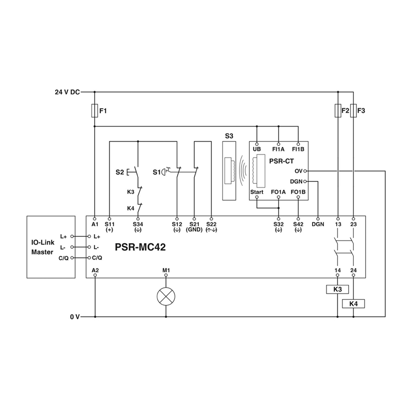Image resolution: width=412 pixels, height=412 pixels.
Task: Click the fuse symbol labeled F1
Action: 95,111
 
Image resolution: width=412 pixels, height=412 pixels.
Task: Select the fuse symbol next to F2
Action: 338,111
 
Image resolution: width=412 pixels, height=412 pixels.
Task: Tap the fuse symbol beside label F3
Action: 353,111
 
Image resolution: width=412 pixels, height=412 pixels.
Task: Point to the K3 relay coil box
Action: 337,289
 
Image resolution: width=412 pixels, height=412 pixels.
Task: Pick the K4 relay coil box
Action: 353,304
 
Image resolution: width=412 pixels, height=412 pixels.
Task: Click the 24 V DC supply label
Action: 67,93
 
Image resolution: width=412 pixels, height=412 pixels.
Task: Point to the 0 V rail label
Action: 75,317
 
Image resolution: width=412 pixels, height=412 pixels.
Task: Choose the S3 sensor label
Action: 229,136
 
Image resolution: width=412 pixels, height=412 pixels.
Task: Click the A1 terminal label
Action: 95,225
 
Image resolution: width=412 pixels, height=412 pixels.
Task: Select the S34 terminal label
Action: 138,225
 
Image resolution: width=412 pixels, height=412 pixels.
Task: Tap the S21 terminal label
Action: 194,225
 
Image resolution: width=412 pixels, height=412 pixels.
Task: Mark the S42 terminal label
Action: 298,225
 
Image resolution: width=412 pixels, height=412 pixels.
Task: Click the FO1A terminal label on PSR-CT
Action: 278,193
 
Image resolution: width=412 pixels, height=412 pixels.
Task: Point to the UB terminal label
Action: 257,149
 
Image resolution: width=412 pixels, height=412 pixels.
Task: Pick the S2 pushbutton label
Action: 119,172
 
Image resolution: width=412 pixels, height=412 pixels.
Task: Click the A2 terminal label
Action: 95,270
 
